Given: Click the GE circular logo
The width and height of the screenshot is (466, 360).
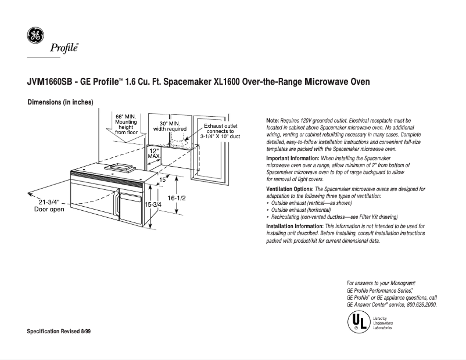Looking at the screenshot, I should pos(34,35).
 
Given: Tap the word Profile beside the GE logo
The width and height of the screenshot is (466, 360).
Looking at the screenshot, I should pos(63,48).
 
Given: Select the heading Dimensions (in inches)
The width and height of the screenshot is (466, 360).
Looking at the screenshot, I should pos(60,103).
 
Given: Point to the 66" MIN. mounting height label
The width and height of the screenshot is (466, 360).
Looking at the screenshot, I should pos(126,124).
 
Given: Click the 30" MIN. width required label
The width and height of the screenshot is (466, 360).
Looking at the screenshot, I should pos(170,126).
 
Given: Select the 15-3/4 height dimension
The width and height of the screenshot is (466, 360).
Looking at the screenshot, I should pos(152,205).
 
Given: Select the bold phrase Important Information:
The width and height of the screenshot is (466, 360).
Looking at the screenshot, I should pos(292,159).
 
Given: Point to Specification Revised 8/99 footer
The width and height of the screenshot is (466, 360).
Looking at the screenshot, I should pos(59,330).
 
